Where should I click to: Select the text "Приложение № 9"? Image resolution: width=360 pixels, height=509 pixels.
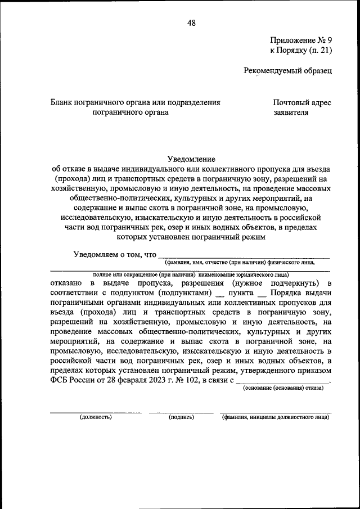(x=301, y=40)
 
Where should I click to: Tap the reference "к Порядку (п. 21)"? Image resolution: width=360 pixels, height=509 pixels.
(x=301, y=51)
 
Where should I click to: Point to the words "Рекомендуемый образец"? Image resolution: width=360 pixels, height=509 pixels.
(x=287, y=71)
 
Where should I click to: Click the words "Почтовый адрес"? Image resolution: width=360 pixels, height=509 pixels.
(x=302, y=102)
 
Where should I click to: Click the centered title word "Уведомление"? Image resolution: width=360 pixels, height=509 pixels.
(x=191, y=160)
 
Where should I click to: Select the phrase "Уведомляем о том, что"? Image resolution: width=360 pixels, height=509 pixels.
(x=115, y=254)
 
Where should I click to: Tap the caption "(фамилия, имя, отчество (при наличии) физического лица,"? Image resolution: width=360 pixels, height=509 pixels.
(x=240, y=263)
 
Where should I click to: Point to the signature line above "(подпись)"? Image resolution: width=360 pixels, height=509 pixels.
(x=181, y=412)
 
